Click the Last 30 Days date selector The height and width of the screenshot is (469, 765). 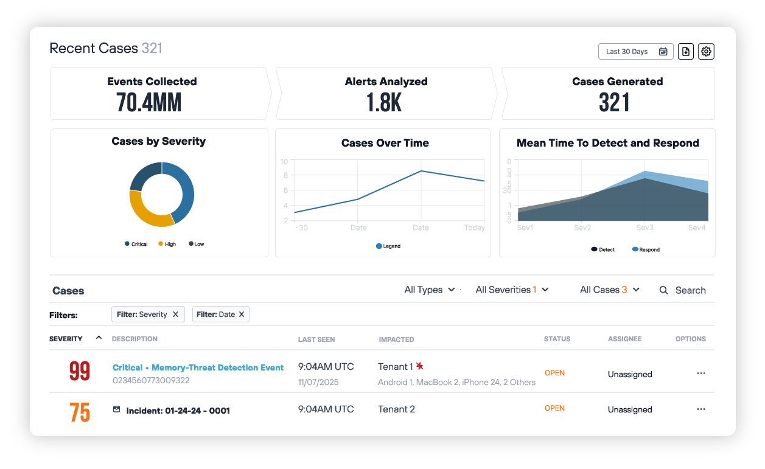tap(635, 52)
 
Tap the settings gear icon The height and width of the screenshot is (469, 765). tap(706, 52)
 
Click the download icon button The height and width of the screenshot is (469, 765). tap(686, 52)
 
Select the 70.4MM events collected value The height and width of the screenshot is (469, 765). tap(148, 102)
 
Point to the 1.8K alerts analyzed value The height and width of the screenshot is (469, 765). tap(384, 102)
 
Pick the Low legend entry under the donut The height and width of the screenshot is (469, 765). tap(197, 244)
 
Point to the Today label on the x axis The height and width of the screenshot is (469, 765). tap(475, 228)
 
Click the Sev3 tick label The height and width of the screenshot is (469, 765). tap(645, 228)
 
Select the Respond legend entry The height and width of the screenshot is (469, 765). tap(646, 249)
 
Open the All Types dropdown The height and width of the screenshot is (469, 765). tap(430, 290)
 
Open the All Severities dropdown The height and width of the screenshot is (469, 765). tap(512, 290)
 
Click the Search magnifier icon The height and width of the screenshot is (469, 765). tap(664, 290)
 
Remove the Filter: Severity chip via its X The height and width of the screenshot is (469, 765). tap(175, 314)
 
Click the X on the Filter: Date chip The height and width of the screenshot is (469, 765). tap(241, 314)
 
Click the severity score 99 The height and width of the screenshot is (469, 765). tap(80, 372)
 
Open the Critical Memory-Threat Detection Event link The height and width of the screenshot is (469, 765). tap(198, 367)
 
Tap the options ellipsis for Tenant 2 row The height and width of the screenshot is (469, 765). tap(700, 409)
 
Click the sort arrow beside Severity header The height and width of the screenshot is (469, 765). tap(99, 338)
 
